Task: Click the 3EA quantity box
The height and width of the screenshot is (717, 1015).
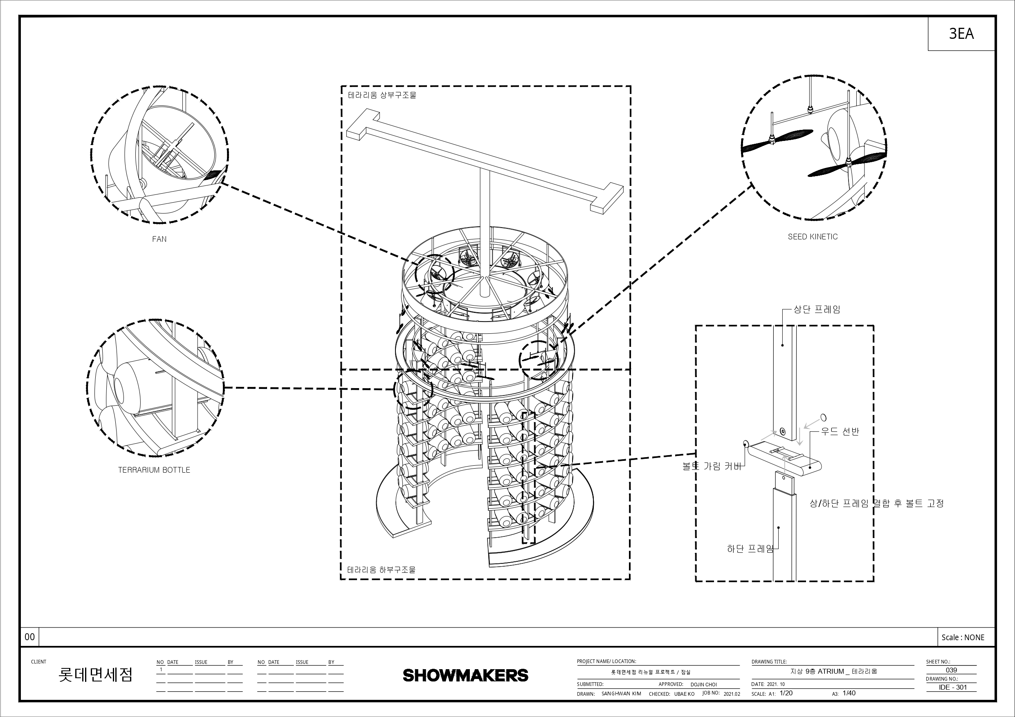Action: pyautogui.click(x=961, y=34)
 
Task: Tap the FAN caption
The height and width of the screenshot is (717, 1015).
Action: pyautogui.click(x=159, y=239)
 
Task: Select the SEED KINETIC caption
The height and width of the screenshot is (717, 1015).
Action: pyautogui.click(x=813, y=237)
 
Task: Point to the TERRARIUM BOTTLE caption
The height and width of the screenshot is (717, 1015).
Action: pyautogui.click(x=154, y=470)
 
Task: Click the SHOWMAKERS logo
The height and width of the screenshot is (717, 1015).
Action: pyautogui.click(x=465, y=675)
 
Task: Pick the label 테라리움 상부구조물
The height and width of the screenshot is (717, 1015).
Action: pyautogui.click(x=382, y=95)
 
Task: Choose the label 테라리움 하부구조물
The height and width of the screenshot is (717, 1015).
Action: pyautogui.click(x=381, y=570)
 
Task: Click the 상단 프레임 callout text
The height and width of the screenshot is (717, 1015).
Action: pyautogui.click(x=817, y=310)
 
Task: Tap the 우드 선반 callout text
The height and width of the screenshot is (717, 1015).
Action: pyautogui.click(x=840, y=431)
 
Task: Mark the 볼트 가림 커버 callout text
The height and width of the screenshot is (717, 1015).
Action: pyautogui.click(x=712, y=466)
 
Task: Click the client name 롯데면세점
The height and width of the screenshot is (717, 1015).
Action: pyautogui.click(x=95, y=675)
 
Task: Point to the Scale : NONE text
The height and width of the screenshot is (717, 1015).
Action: pyautogui.click(x=963, y=637)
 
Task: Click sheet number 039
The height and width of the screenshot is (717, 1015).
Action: pyautogui.click(x=951, y=670)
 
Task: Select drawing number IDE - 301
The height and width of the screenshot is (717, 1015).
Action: pyautogui.click(x=953, y=688)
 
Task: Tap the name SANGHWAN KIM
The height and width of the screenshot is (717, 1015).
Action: pyautogui.click(x=621, y=694)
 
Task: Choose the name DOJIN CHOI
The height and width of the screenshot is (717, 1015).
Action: pyautogui.click(x=704, y=685)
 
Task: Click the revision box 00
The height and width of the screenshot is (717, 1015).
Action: pyautogui.click(x=29, y=637)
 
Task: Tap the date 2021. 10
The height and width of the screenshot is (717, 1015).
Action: pyautogui.click(x=776, y=684)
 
